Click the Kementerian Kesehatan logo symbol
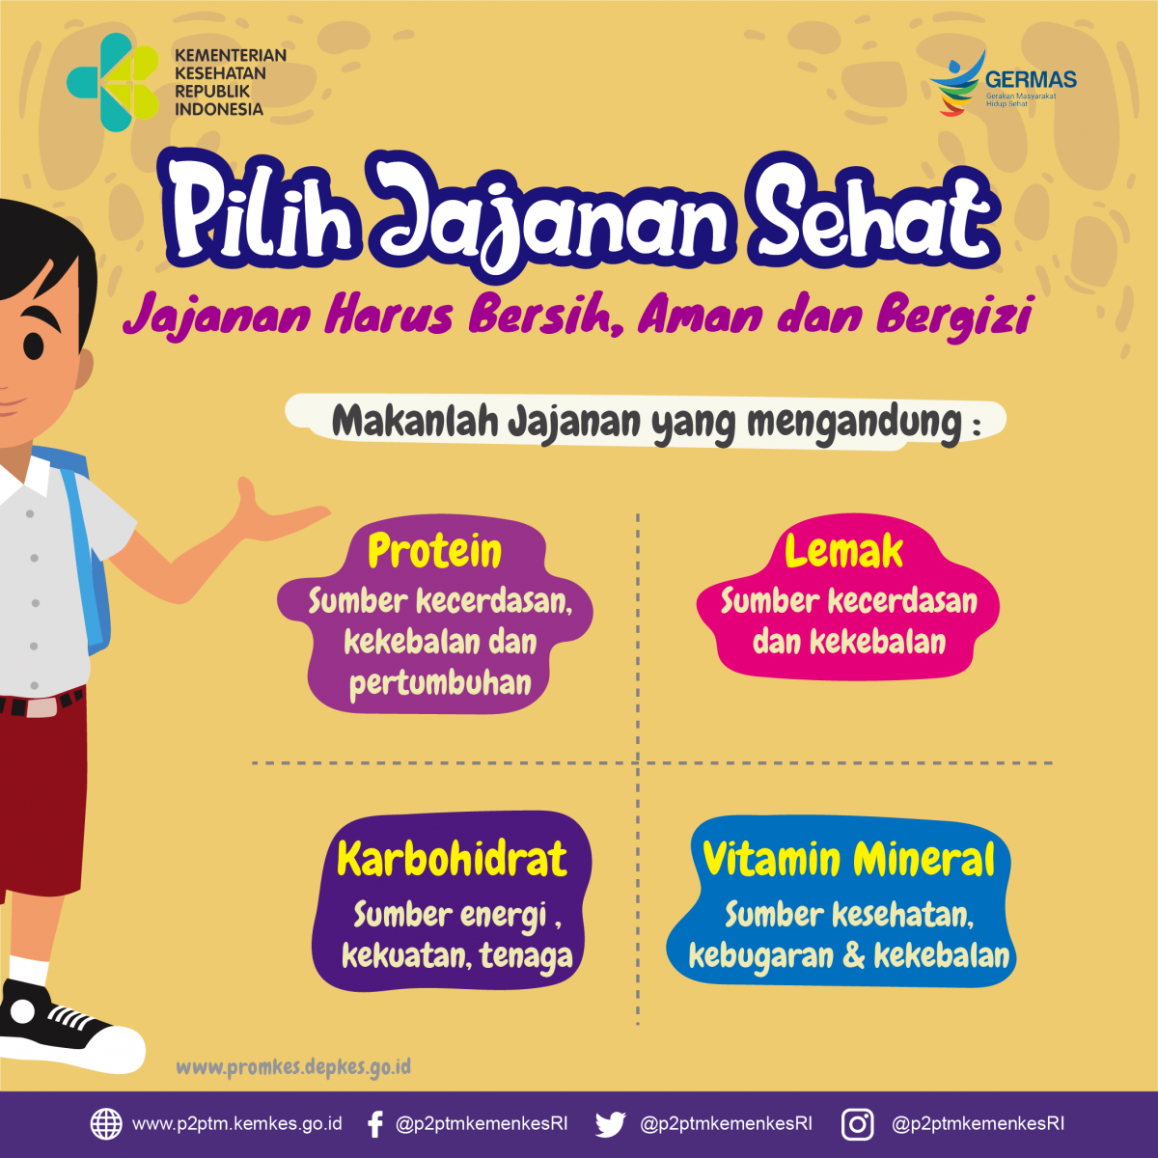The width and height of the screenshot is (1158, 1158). [113, 83]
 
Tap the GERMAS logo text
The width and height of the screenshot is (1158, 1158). [1031, 80]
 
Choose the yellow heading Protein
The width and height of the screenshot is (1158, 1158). [435, 551]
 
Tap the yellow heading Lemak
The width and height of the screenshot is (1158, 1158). [843, 551]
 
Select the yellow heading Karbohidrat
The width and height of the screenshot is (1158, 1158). [452, 859]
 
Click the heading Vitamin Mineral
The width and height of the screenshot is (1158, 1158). [848, 859]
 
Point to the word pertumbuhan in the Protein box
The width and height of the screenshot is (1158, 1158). [440, 683]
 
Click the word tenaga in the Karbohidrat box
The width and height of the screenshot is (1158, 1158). [526, 955]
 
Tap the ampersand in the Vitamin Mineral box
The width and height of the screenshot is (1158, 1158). [853, 955]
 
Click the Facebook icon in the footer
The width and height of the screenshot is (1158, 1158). [376, 1124]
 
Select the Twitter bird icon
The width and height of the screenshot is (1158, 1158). [610, 1124]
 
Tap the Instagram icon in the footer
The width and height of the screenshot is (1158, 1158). [857, 1124]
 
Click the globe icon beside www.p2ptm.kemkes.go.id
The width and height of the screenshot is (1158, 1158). [106, 1124]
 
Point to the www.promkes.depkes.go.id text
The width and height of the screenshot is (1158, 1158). [293, 1067]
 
